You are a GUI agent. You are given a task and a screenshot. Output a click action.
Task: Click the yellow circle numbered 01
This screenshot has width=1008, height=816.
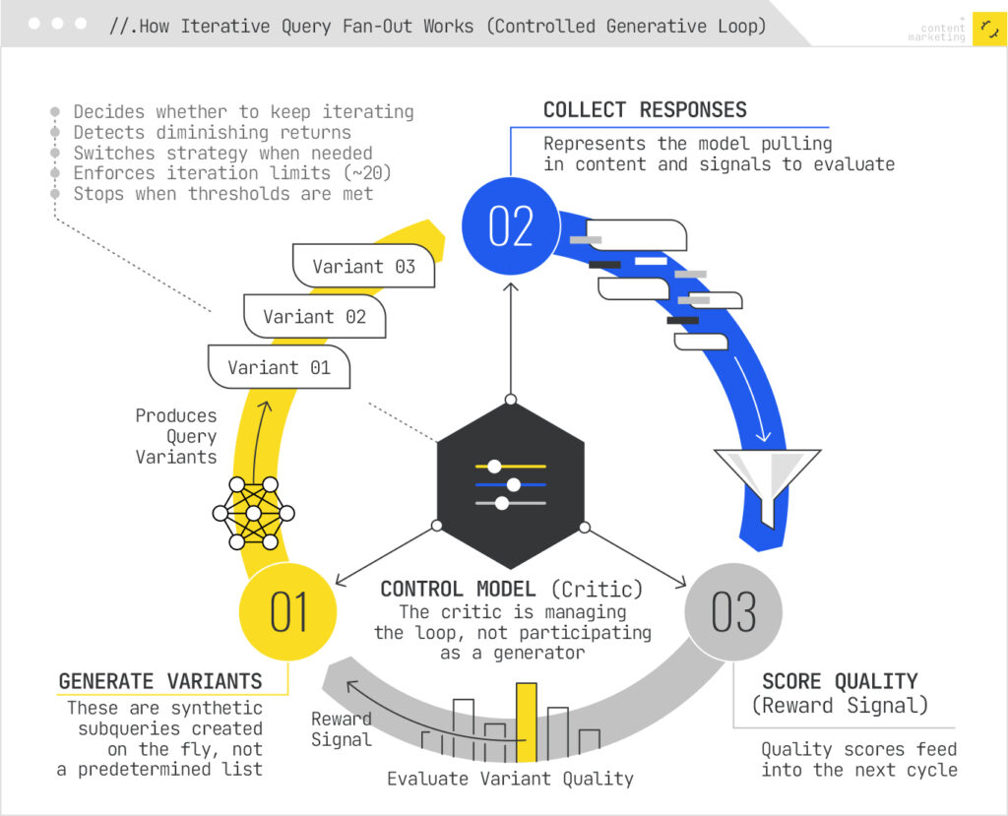coord(288,611)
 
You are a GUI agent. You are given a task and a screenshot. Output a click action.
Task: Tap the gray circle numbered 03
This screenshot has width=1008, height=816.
coord(733,611)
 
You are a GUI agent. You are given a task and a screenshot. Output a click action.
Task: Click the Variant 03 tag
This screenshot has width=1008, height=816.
coord(363,266)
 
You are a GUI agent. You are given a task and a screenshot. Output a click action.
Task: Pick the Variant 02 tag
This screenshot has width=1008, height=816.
coord(314,316)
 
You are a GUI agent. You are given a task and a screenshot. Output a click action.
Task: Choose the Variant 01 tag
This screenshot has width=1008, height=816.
coord(279,367)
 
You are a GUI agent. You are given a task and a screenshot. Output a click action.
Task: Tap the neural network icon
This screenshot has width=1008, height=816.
coord(254,513)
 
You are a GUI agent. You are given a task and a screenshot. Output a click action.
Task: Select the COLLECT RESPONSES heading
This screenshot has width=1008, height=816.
coord(645,110)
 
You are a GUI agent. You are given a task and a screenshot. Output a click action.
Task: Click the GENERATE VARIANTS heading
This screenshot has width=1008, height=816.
coord(160,681)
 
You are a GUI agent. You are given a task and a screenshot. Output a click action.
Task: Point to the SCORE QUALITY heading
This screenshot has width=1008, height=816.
coord(840,681)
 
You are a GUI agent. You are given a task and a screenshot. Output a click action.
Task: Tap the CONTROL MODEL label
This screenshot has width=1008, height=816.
coord(459,589)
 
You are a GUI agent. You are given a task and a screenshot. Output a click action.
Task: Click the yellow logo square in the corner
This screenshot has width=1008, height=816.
coord(988,29)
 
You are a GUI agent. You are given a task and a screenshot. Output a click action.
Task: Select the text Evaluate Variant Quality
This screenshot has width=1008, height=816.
coord(510,779)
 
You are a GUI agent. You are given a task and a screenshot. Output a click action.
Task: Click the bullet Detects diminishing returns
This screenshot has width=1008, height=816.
coord(212,132)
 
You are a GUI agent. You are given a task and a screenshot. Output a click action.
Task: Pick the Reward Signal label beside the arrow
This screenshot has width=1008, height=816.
coord(342,728)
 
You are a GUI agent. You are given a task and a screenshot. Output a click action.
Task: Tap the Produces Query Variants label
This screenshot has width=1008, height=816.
coord(176,436)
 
